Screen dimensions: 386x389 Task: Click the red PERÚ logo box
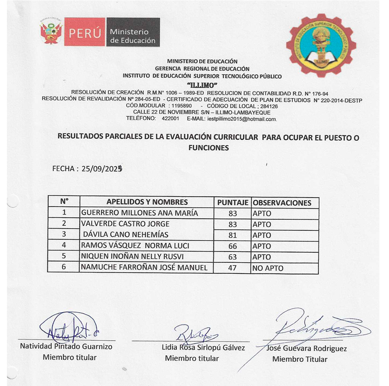[84, 32]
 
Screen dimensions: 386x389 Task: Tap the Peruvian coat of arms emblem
[51, 33]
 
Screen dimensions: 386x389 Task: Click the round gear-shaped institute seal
[321, 45]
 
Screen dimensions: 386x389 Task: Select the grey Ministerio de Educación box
[133, 32]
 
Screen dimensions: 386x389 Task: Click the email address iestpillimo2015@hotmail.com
[242, 119]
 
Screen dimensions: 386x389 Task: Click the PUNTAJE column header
[232, 202]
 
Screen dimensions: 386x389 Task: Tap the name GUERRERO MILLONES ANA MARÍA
[140, 213]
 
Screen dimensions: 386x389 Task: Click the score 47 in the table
[232, 268]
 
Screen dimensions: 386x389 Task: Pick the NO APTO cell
[268, 268]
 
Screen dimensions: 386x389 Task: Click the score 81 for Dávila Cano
[232, 235]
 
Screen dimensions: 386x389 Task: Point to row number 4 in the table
[64, 245]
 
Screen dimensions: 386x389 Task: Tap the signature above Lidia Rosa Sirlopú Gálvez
[195, 334]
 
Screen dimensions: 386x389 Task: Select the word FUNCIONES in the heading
[209, 147]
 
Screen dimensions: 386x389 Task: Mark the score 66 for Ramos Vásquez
[232, 246]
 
